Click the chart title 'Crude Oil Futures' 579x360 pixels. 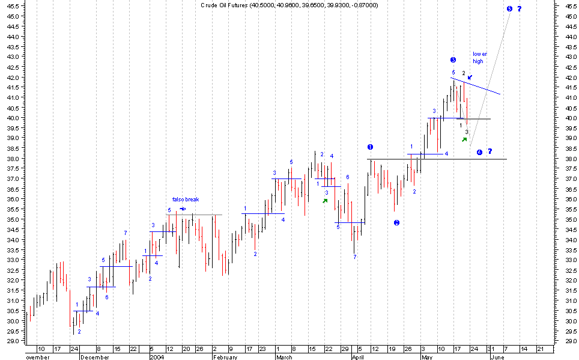click(223, 5)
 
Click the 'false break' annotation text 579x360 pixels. click(185, 200)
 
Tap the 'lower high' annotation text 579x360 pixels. click(480, 57)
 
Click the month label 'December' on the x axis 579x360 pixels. click(95, 356)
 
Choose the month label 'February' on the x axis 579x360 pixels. click(226, 356)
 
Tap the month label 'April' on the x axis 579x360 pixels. click(359, 356)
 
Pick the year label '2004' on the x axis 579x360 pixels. click(156, 356)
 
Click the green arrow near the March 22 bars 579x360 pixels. click(325, 201)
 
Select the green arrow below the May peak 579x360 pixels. click(464, 139)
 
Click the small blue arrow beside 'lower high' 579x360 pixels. click(470, 77)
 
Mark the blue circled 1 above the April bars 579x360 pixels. click(370, 147)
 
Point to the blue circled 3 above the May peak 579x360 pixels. click(453, 59)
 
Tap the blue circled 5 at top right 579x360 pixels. click(509, 8)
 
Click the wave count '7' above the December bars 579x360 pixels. click(125, 233)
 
